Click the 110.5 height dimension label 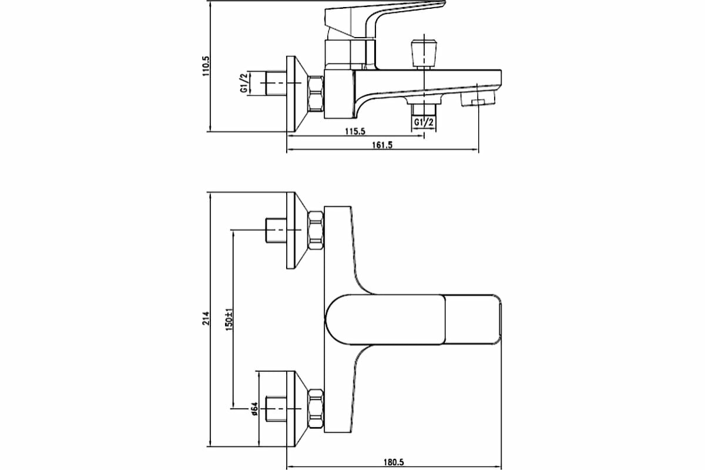click(206, 66)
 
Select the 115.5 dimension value click(354, 132)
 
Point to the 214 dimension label click(206, 317)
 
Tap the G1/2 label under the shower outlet click(424, 122)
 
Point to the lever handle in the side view click(382, 15)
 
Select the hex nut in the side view click(316, 93)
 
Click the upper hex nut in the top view click(315, 230)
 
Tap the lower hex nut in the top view click(315, 408)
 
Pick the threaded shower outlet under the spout click(424, 109)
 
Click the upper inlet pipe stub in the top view click(275, 230)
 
